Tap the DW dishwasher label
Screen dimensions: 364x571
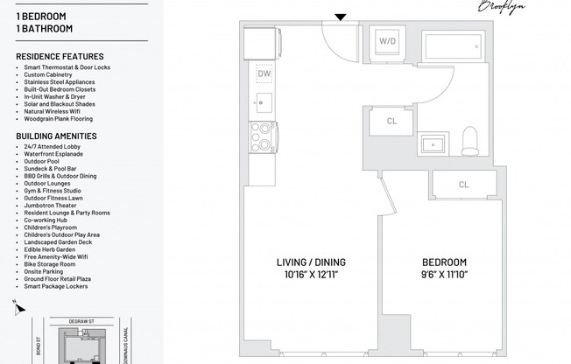(x=264, y=73)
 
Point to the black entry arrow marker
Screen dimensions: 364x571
(x=342, y=17)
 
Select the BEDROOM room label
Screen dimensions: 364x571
(x=444, y=262)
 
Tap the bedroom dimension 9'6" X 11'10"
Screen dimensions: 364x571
(x=444, y=275)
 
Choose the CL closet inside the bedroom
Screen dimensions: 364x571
(x=463, y=185)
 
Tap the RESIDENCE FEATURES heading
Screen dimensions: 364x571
(x=60, y=57)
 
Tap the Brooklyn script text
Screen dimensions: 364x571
(x=501, y=6)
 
